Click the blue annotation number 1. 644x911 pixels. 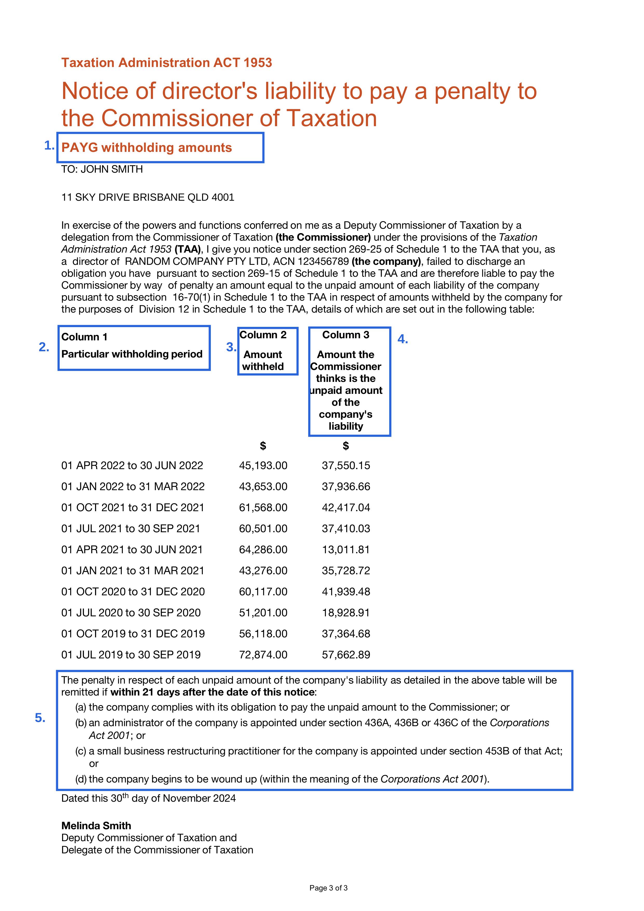[49, 146]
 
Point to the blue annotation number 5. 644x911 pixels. [40, 718]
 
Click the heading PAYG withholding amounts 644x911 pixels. [146, 148]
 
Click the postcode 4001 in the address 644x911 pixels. [223, 197]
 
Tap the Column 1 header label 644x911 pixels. [84, 337]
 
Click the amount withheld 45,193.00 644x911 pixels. [263, 465]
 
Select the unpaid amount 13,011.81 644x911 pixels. [346, 550]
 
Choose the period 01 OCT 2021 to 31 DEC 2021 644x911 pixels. [132, 508]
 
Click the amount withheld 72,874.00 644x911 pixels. [263, 655]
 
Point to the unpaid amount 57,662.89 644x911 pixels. [346, 655]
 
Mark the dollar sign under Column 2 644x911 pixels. [263, 446]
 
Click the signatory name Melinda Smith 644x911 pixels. [96, 826]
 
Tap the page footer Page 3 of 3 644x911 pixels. [328, 888]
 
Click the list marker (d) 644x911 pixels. [81, 779]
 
